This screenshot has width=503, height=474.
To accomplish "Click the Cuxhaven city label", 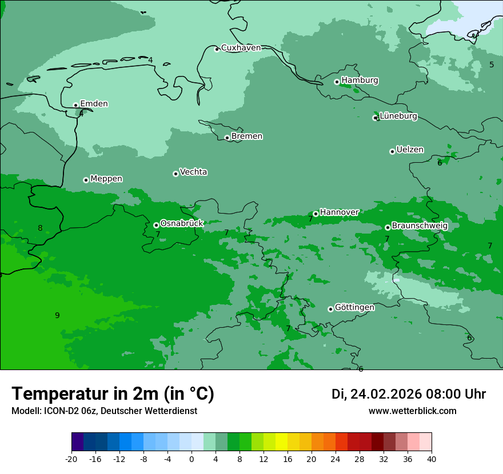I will click(x=241, y=48).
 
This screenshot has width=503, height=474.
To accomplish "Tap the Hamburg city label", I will click(x=360, y=81).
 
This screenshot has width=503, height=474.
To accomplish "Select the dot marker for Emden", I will click(x=75, y=105).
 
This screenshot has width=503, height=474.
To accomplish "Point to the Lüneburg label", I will click(x=398, y=117).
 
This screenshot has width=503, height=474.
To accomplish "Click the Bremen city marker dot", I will click(x=227, y=138).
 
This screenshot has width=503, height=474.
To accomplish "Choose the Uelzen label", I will click(x=410, y=150).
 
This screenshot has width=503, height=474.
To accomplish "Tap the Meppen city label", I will click(x=106, y=179).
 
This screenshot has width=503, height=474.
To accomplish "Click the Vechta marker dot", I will click(x=175, y=174).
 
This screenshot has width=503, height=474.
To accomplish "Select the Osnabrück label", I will click(x=182, y=224).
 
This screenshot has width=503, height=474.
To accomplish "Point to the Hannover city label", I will click(x=339, y=212).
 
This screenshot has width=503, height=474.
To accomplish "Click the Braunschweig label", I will click(x=420, y=226).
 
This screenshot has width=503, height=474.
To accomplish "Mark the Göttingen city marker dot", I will click(x=330, y=309).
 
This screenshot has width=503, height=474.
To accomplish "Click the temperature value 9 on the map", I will click(x=57, y=315).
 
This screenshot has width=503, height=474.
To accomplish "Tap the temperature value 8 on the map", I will click(x=40, y=228).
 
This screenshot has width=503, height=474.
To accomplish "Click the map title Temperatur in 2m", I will click(x=113, y=394).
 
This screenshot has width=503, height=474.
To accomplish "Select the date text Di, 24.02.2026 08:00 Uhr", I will click(x=409, y=394).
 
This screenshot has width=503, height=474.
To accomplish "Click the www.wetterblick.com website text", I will click(x=412, y=411).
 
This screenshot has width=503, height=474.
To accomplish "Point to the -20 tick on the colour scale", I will click(x=71, y=459).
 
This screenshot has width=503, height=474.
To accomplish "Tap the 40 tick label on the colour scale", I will click(x=432, y=459).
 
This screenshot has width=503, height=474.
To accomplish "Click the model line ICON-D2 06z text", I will click(x=104, y=411).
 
